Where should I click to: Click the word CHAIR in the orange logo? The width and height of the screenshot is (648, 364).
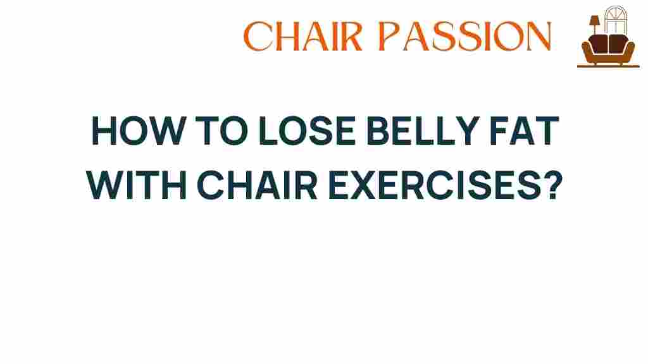[x=303, y=36]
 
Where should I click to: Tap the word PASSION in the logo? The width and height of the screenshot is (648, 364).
[x=465, y=36]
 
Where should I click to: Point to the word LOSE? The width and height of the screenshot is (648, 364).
[x=307, y=131]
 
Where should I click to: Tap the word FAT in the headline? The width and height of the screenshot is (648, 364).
[x=525, y=131]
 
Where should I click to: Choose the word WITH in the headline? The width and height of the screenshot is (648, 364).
[x=137, y=186]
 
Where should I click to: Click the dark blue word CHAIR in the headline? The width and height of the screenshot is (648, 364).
[x=257, y=186]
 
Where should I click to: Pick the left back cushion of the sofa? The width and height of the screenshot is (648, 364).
[x=599, y=44]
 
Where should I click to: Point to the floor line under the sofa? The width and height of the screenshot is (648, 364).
[x=608, y=66]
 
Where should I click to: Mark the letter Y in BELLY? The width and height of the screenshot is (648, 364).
[x=468, y=131]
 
